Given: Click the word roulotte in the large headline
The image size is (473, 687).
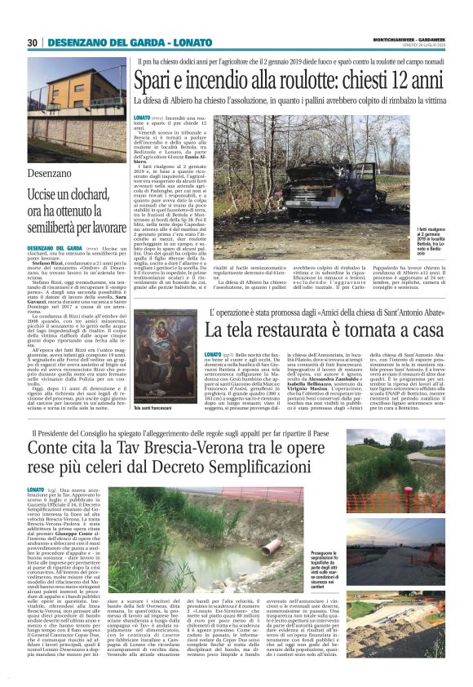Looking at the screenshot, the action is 286,82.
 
